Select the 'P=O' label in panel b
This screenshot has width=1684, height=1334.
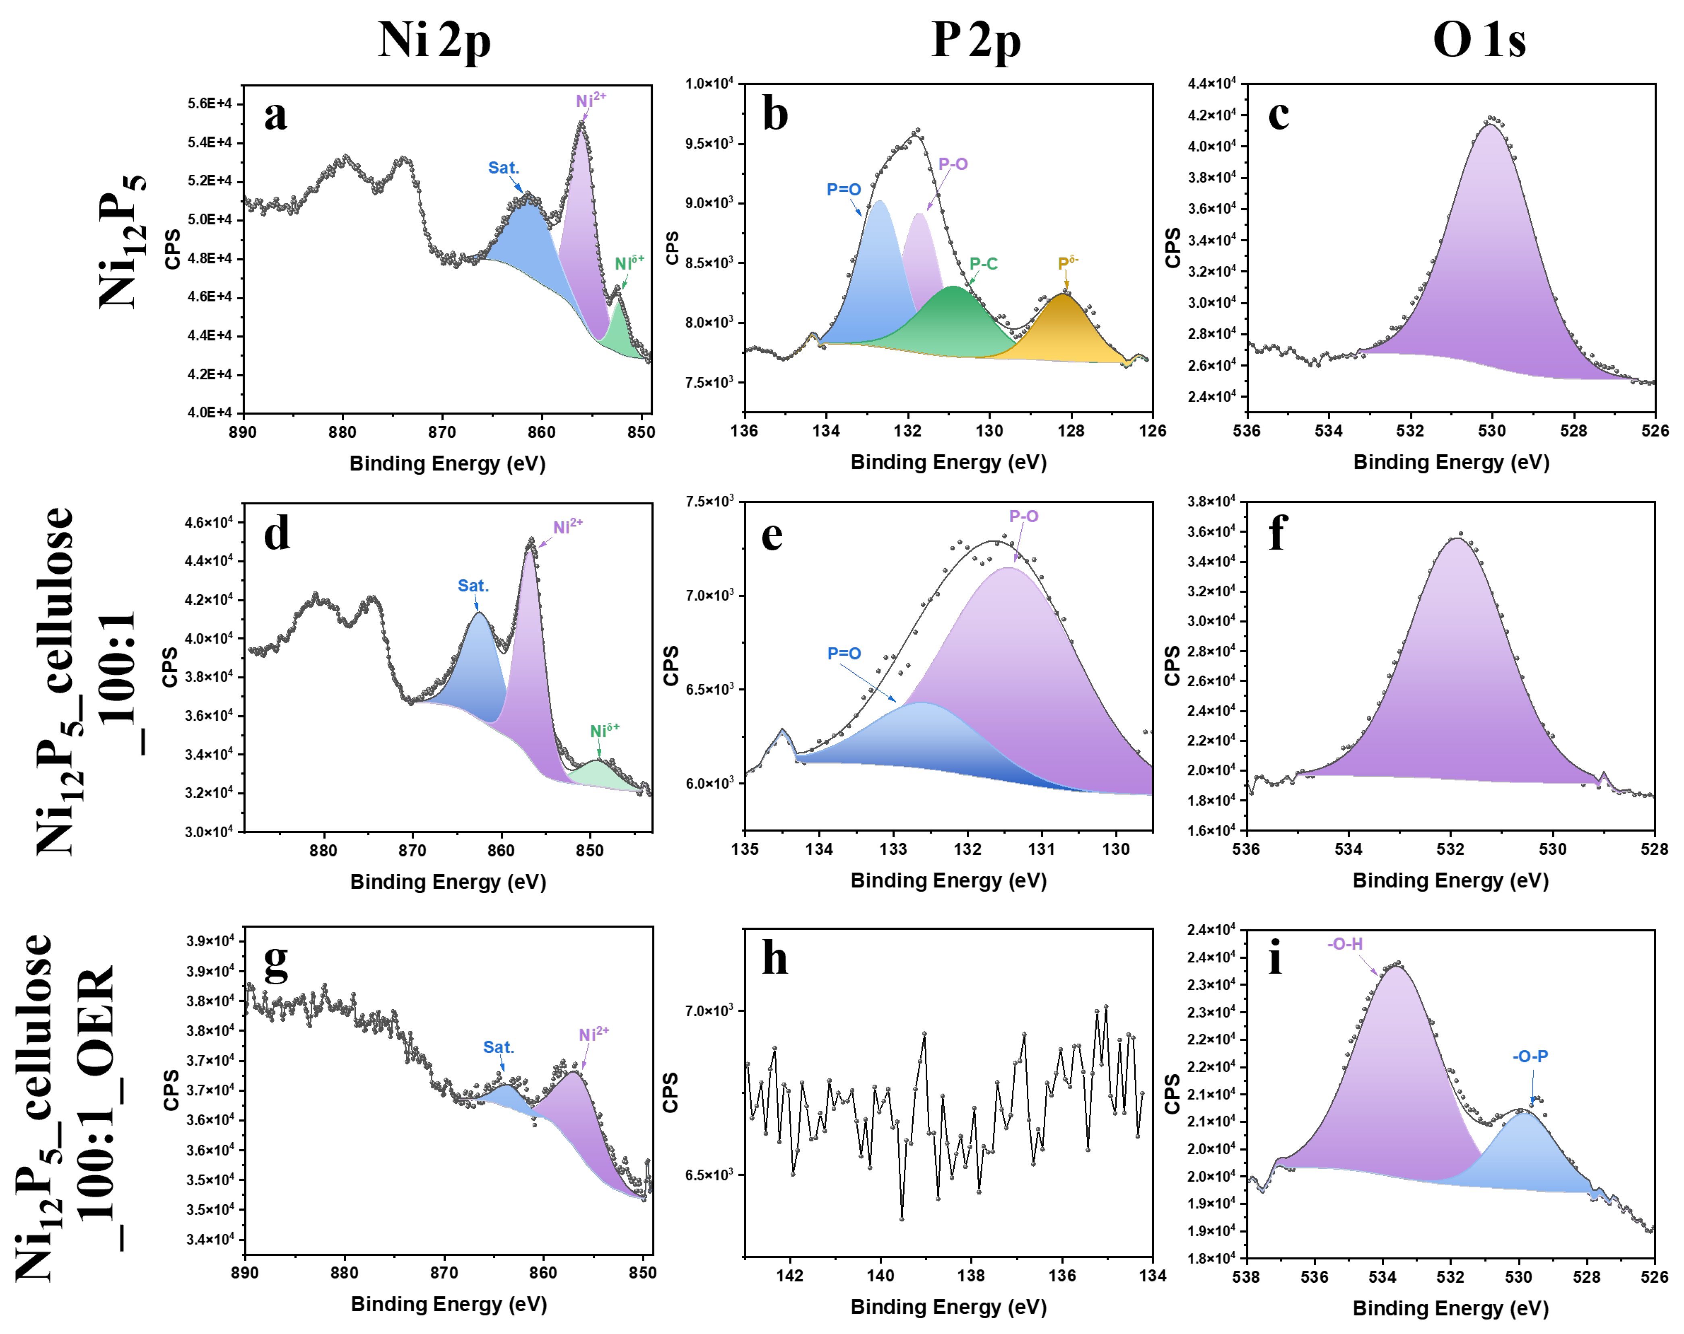pyautogui.click(x=843, y=190)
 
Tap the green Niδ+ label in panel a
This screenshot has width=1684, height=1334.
pyautogui.click(x=629, y=263)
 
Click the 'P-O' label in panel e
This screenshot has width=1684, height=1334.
pyautogui.click(x=1023, y=516)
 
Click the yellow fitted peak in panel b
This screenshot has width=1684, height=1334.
pyautogui.click(x=1064, y=328)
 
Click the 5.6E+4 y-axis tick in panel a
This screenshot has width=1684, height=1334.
pyautogui.click(x=209, y=104)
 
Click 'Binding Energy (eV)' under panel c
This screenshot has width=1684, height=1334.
pyautogui.click(x=1450, y=463)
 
